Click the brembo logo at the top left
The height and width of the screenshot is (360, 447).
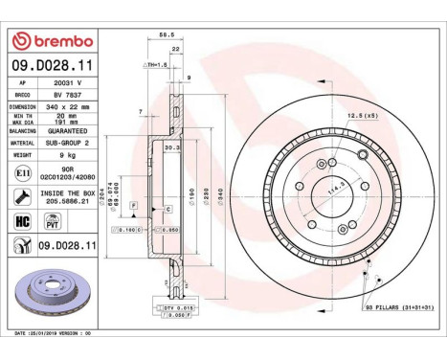pyautogui.click(x=53, y=41)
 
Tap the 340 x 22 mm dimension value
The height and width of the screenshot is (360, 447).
pyautogui.click(x=71, y=108)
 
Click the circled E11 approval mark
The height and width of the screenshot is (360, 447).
pyautogui.click(x=21, y=171)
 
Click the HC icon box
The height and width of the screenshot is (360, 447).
pyautogui.click(x=21, y=221)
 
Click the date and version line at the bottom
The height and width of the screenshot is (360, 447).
pyautogui.click(x=54, y=333)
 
